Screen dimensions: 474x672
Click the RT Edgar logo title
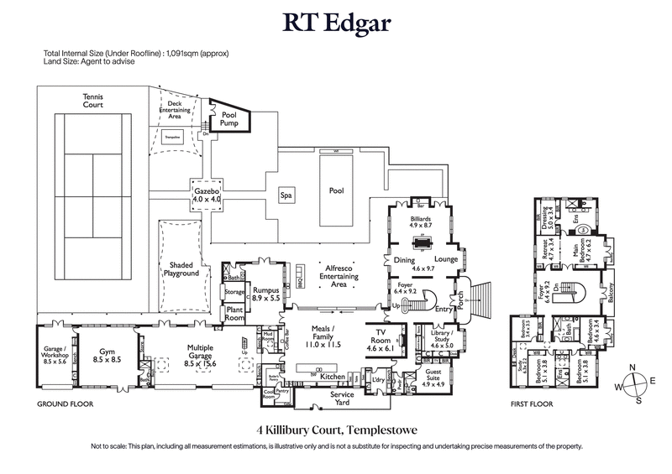pos(336,23)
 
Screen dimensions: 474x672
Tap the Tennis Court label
pos(92,102)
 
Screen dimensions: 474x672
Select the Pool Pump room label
pos(229,118)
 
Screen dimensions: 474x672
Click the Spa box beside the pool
pos(286,195)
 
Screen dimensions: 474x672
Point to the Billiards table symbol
pos(421,240)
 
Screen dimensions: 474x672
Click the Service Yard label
pos(341,397)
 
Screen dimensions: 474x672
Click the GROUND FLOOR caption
pos(64,404)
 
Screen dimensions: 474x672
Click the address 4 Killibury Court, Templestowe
pos(336,429)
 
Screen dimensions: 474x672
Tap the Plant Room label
pos(234,313)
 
